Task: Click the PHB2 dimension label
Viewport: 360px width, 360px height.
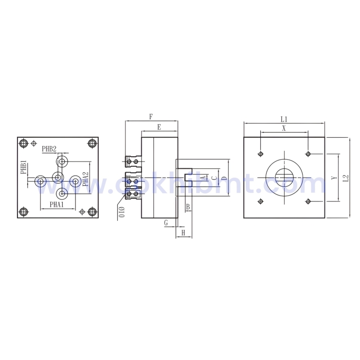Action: click(x=49, y=149)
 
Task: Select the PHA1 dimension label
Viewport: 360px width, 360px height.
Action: click(x=57, y=205)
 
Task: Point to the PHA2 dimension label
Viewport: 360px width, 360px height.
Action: click(x=85, y=179)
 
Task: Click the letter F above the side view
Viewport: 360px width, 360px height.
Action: click(x=151, y=117)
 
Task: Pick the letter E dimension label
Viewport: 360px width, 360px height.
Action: click(x=159, y=127)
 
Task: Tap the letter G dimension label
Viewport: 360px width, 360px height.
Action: click(x=166, y=222)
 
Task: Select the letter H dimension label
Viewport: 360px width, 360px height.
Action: click(x=183, y=234)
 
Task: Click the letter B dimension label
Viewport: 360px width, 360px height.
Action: click(x=188, y=207)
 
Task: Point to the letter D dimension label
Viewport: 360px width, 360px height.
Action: click(x=223, y=179)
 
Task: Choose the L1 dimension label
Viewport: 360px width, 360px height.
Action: click(x=284, y=119)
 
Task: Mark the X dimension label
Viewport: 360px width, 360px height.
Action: click(x=284, y=128)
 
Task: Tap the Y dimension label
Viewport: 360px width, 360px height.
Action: click(x=334, y=179)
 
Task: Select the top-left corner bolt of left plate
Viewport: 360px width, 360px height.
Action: click(x=23, y=143)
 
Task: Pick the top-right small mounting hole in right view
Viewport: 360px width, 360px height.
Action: click(x=307, y=154)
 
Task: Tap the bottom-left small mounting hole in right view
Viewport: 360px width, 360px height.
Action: click(x=261, y=201)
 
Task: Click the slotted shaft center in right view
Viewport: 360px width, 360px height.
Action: click(x=284, y=178)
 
